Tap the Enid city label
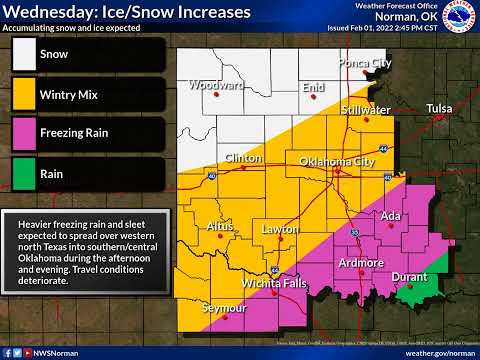[x=314, y=88]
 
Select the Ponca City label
[x=364, y=63]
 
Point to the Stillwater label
[x=365, y=109]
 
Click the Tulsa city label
[x=440, y=107]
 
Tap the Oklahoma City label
[x=337, y=161]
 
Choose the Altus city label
[x=220, y=227]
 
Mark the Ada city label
[x=391, y=216]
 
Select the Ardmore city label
[x=361, y=263]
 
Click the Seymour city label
[x=223, y=308]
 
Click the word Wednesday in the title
[x=48, y=12]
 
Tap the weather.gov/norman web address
[x=441, y=353]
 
